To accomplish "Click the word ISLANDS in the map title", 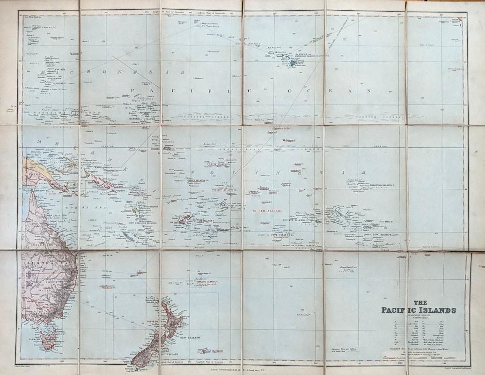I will [438, 310].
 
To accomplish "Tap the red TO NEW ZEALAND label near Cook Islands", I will [268, 211].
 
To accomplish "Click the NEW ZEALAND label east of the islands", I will [190, 337].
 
